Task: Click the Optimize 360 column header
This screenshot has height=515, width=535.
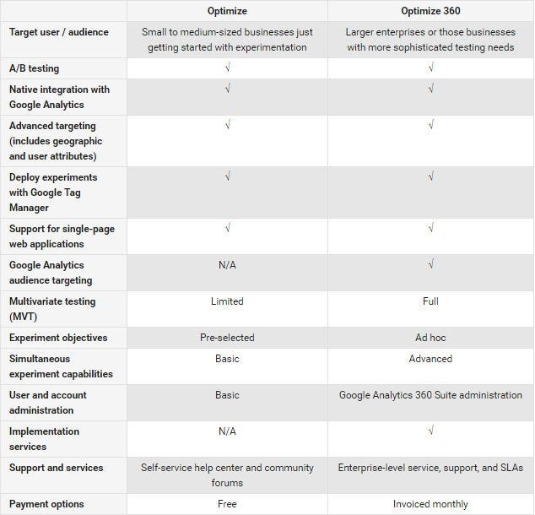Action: [x=430, y=11]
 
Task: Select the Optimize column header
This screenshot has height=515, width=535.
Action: [x=227, y=11]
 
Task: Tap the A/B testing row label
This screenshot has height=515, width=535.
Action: [x=35, y=68]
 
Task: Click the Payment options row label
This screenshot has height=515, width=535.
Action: [x=46, y=504]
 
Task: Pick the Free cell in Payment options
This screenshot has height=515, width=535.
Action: [x=227, y=504]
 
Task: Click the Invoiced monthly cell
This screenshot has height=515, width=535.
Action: [x=430, y=504]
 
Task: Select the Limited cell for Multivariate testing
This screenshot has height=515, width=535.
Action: [x=227, y=301]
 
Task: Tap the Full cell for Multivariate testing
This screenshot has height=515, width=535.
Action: [x=430, y=301]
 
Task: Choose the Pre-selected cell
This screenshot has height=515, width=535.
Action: [x=227, y=338]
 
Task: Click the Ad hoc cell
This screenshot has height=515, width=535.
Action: [x=430, y=338]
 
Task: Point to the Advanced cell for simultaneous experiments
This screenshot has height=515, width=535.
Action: [x=430, y=359]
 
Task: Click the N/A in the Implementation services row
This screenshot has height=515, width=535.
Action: [x=227, y=431]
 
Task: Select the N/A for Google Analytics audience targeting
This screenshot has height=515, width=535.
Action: [x=227, y=265]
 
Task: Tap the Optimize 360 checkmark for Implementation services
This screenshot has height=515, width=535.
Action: [x=430, y=431]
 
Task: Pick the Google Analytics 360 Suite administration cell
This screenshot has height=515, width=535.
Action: [x=430, y=395]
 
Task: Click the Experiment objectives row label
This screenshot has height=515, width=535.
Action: [x=58, y=338]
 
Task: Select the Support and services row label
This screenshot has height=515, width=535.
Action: [x=57, y=468]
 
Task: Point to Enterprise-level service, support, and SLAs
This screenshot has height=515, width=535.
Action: [x=430, y=468]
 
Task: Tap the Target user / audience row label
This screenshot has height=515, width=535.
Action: [x=59, y=32]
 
